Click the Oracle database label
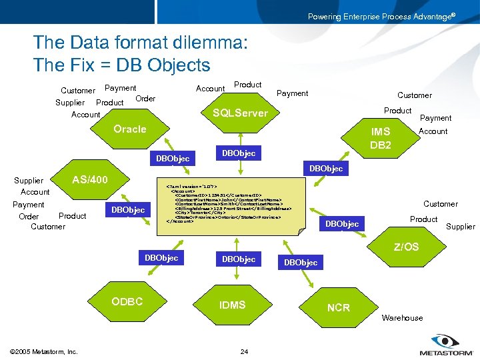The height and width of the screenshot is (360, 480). [130, 129]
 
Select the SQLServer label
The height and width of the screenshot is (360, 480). [240, 113]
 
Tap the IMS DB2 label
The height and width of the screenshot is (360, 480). [381, 138]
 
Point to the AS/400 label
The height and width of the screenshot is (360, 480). [89, 179]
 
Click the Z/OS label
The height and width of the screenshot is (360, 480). [406, 247]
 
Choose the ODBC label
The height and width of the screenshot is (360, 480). [127, 301]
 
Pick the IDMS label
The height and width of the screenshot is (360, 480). [233, 305]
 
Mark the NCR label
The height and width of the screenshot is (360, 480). [339, 308]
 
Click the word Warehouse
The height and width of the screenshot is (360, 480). [402, 318]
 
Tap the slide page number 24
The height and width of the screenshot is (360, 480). [244, 351]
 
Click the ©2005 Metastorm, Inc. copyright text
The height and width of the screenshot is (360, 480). [44, 351]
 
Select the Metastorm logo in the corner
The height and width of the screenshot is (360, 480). [444, 345]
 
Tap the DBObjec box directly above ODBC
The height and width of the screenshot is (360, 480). [162, 258]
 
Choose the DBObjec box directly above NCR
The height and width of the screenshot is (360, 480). [301, 263]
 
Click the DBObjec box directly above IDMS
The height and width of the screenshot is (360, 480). [239, 259]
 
